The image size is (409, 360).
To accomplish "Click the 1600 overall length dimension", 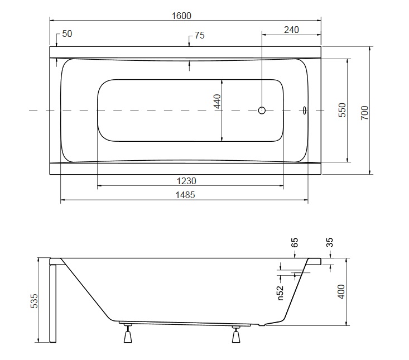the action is coord(181,16).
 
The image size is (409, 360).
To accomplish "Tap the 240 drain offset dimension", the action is coord(291,30).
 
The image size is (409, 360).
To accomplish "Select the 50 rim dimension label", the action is coord(67,33).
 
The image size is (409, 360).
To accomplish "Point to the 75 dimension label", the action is coord(200,35).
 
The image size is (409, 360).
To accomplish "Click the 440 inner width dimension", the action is coord(217,102).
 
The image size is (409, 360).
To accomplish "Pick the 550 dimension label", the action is coord(343,110).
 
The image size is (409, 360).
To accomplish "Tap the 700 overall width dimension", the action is coord(365,113).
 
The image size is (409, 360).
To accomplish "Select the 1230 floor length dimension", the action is coord(186,181).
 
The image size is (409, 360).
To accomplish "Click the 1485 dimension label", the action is coord(185,195).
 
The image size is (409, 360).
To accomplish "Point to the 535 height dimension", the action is coord(34,301).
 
